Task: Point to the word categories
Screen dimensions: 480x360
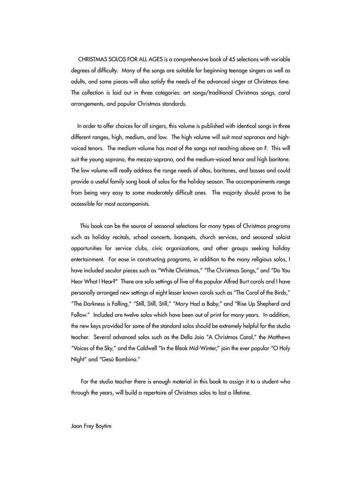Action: [x=179, y=92]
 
